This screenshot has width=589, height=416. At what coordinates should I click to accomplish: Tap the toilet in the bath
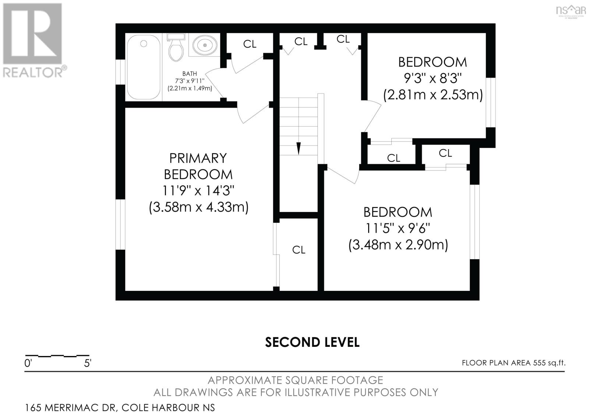coord(176,48)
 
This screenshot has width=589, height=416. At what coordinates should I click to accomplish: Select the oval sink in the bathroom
coord(204,45)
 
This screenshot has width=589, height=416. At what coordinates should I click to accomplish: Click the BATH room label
coord(190,74)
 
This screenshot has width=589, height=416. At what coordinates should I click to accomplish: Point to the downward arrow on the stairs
coord(299,148)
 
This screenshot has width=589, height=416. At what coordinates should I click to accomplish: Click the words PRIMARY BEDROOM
coord(198,166)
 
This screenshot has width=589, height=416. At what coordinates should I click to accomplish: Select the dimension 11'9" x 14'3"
coord(198,191)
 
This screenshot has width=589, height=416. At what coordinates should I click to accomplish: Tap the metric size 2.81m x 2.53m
coord(433,95)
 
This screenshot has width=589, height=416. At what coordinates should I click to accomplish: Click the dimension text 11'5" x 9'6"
coord(398,229)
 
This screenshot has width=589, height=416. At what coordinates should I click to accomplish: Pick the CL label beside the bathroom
coord(250,44)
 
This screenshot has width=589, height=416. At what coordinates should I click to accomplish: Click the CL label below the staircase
coord(299,250)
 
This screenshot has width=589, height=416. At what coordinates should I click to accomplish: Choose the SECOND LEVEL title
coord(312,342)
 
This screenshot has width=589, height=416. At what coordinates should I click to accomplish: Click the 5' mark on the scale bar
coord(88,363)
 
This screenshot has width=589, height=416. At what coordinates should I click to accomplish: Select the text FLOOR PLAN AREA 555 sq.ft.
coord(514,363)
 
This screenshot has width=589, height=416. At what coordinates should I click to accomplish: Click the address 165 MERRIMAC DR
coord(70,408)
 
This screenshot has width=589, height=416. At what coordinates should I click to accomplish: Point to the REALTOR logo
coord(33,40)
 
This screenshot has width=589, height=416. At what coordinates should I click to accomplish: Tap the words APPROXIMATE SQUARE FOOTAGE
coord(295,380)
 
